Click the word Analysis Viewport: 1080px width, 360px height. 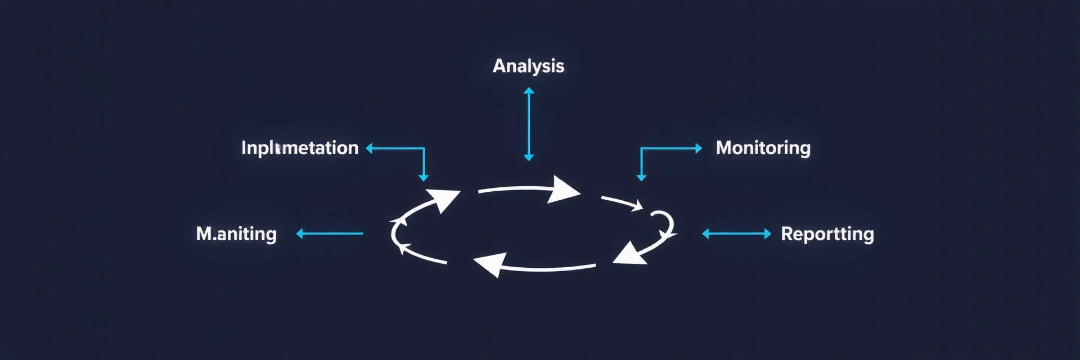(528, 66)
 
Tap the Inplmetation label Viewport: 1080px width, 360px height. (300, 148)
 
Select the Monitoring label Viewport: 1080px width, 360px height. (763, 148)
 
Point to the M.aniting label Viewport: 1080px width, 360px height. (236, 233)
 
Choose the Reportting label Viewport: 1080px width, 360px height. (827, 234)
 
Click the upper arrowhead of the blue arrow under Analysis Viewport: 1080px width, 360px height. (529, 91)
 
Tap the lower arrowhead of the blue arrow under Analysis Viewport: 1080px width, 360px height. (529, 157)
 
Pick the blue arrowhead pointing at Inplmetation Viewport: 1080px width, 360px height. (370, 148)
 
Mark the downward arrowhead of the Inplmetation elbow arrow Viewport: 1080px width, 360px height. (424, 178)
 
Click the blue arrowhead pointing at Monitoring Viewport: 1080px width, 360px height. (699, 148)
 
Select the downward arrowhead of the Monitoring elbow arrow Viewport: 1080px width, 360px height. (641, 178)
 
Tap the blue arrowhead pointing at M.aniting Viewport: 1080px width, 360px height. (300, 233)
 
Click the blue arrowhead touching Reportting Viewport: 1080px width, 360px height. (768, 234)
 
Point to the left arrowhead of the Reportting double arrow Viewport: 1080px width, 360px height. (706, 234)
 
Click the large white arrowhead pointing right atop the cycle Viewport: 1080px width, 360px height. (564, 190)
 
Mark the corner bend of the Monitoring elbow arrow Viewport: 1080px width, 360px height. (641, 148)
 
